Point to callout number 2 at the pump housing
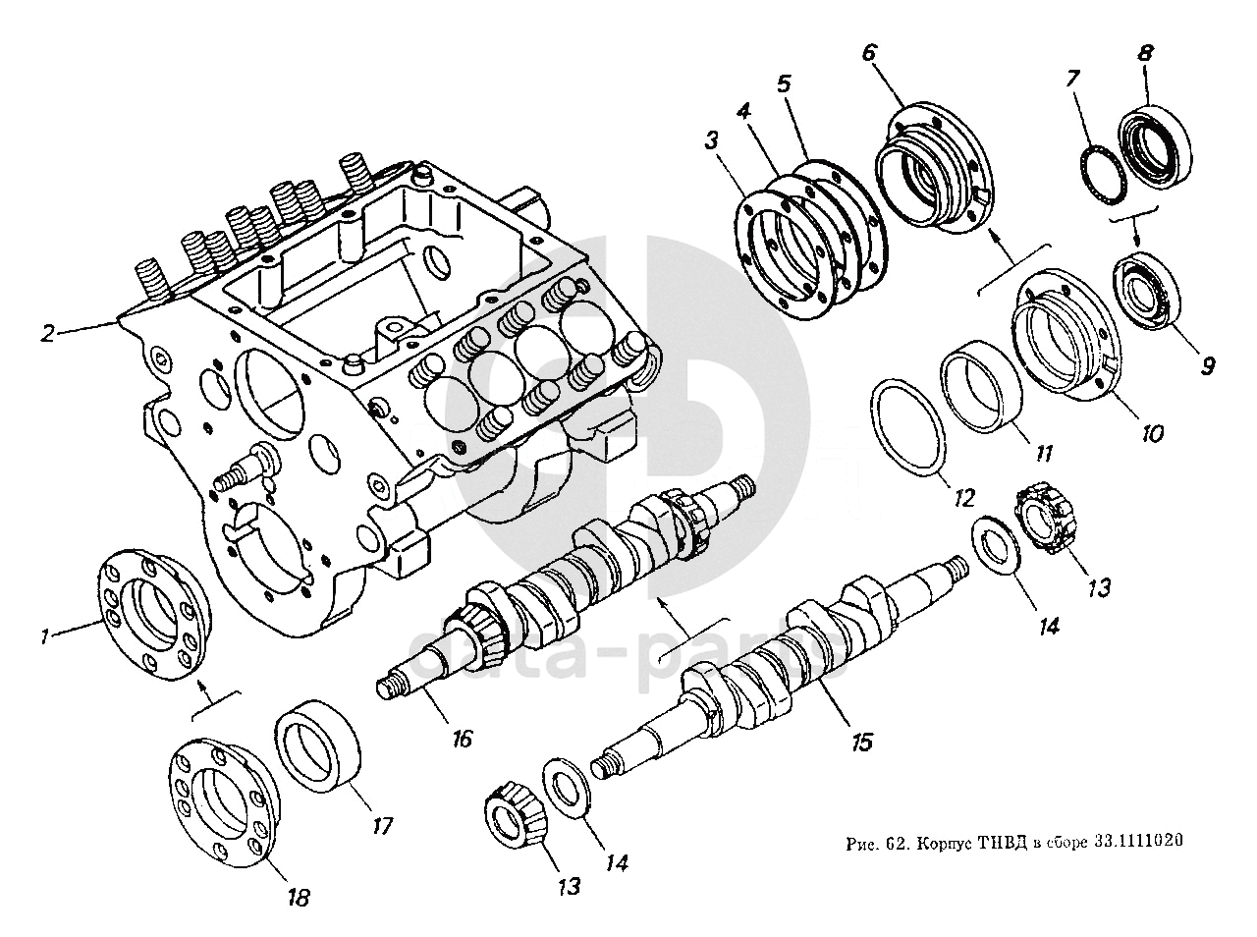45,333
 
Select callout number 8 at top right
1145,53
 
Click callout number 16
462,738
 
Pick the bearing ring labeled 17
318,744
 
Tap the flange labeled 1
155,617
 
